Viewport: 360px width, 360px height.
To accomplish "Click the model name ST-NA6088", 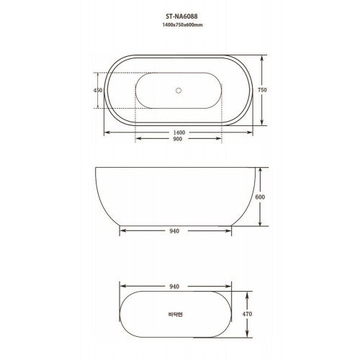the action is (x=181, y=17).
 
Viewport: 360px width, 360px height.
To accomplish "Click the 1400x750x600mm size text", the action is (x=182, y=24).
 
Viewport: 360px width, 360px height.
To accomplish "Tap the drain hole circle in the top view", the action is (x=179, y=91).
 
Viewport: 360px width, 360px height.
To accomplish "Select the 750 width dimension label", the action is (x=262, y=90).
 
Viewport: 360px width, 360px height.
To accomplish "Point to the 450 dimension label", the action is (x=98, y=90).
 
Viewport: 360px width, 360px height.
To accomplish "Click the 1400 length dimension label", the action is (x=179, y=132).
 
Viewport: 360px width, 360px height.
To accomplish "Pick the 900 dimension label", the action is (x=178, y=139).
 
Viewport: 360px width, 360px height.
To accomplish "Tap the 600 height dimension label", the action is (x=260, y=197).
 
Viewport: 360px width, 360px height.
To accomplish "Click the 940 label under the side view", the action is (x=174, y=231).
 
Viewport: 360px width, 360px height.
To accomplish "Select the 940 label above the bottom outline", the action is (x=174, y=287).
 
